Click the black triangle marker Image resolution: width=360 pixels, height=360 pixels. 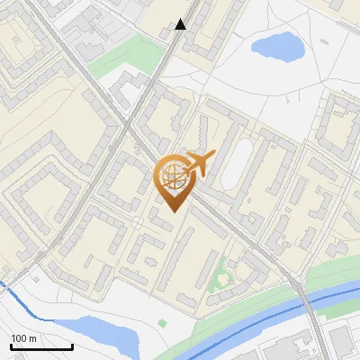pyautogui.click(x=181, y=24)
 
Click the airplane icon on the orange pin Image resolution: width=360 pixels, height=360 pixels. pyautogui.click(x=200, y=164)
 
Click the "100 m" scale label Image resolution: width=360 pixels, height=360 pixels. pyautogui.click(x=23, y=338)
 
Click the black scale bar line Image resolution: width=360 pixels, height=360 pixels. pyautogui.click(x=41, y=347)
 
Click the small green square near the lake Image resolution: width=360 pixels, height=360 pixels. pyautogui.click(x=162, y=322)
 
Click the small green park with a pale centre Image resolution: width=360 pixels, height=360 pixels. pyautogui.click(x=219, y=283)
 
